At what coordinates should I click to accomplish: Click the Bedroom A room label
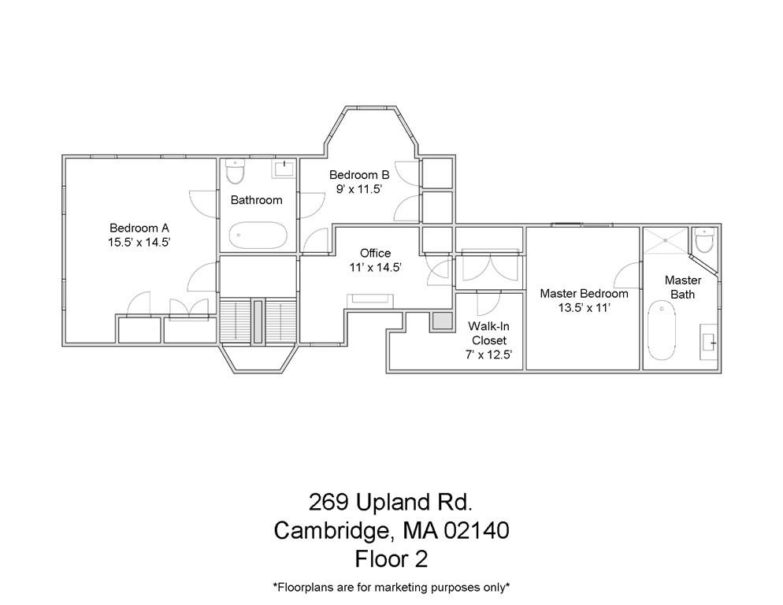click(139, 228)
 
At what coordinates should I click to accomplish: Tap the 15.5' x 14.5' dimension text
click(139, 243)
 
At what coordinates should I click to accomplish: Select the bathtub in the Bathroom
click(258, 235)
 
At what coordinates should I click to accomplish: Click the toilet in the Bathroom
click(236, 170)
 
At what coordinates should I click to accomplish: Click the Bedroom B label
click(359, 175)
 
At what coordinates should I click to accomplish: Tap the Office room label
click(375, 253)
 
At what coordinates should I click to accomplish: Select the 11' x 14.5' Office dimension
click(375, 268)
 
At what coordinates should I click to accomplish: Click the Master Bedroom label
click(584, 293)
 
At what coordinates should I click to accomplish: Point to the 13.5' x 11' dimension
click(584, 308)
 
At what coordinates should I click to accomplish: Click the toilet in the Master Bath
click(704, 239)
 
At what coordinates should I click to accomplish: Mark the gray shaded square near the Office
click(441, 321)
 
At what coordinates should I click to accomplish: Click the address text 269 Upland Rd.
click(391, 502)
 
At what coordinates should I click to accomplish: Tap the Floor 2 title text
click(391, 559)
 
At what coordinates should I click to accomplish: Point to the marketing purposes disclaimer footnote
click(391, 587)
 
